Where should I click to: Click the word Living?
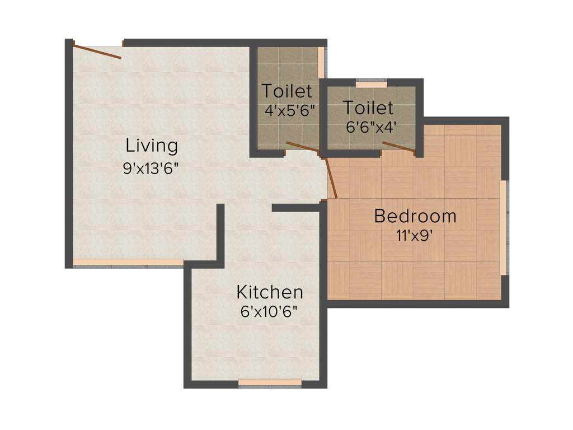click(152, 146)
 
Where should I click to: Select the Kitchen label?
click(270, 292)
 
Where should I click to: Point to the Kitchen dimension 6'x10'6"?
click(269, 312)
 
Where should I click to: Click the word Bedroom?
click(415, 216)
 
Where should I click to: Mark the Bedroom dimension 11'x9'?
click(415, 236)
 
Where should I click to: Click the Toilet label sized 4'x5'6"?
click(287, 90)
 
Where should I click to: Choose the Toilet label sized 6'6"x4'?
click(368, 107)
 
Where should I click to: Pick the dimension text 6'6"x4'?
click(372, 127)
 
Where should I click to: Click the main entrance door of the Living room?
click(97, 51)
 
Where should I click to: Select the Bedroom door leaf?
click(331, 177)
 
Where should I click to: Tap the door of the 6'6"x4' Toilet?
click(398, 147)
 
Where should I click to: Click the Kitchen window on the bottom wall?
click(270, 383)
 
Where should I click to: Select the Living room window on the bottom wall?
click(128, 262)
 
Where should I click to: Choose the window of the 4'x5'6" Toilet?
click(321, 62)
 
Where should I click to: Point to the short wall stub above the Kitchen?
click(295, 208)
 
